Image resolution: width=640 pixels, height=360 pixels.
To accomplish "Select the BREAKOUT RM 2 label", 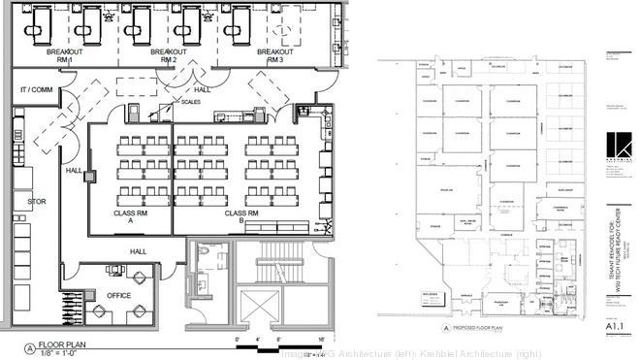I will tap(169, 55).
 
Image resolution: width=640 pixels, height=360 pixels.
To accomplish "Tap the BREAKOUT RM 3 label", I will tap(267, 55).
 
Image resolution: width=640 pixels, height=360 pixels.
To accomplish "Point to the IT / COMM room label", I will tap(37, 89).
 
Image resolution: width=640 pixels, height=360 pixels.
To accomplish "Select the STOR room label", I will tap(37, 202).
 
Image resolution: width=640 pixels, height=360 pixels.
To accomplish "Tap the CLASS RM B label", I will tap(241, 217).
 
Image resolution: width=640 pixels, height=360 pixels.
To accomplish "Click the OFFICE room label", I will tap(118, 295).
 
